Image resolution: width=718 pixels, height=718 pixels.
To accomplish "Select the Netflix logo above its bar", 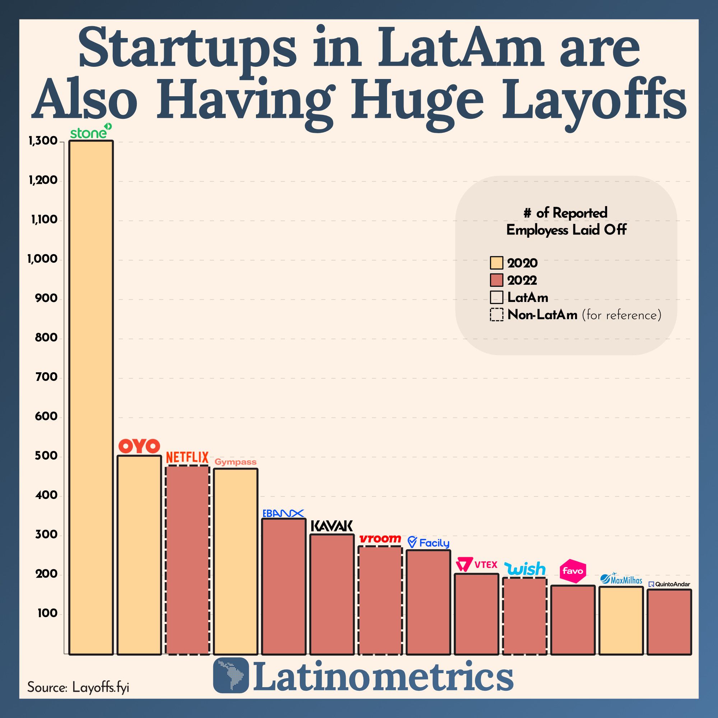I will (x=187, y=457).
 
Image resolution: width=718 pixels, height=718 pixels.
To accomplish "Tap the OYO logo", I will (x=139, y=446).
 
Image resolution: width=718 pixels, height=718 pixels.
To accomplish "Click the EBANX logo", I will (x=283, y=513).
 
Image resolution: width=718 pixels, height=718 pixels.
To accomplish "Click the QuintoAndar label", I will (x=669, y=584).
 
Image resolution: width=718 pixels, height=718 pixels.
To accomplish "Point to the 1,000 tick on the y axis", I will (x=42, y=259).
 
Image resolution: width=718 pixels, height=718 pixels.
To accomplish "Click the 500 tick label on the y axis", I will (x=46, y=456).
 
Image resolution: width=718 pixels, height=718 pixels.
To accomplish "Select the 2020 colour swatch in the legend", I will (x=496, y=263).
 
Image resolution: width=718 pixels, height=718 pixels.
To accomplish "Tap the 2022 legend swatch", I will (x=496, y=280).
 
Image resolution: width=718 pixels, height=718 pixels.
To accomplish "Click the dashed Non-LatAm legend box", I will (x=496, y=315).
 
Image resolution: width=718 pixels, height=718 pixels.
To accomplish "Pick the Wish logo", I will (x=524, y=569).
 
